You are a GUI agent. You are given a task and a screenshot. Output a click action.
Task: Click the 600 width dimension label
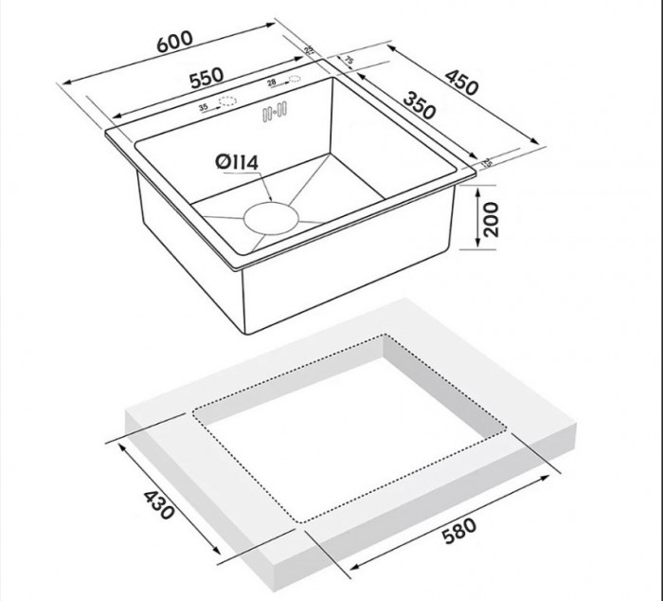175,41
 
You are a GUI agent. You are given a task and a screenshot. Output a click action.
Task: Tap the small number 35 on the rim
203,108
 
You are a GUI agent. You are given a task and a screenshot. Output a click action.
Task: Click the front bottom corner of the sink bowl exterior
247,333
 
